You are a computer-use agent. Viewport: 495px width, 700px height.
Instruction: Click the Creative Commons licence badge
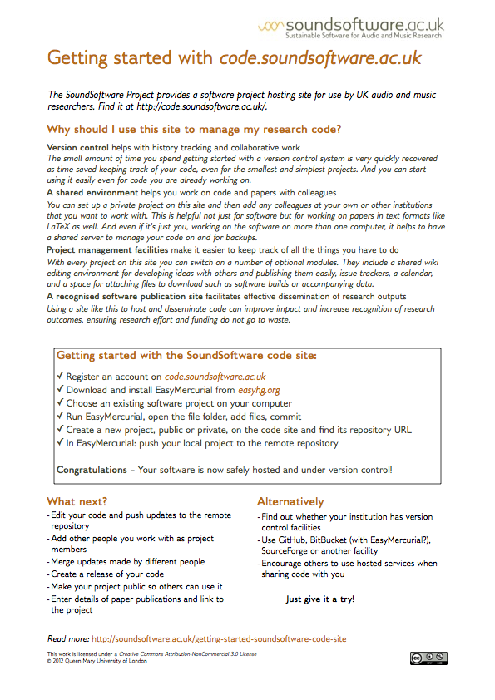click(427, 659)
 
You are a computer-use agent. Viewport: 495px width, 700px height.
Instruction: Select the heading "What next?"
click(77, 501)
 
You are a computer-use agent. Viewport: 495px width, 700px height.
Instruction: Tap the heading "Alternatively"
click(290, 501)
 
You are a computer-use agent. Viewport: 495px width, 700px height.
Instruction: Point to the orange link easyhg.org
click(258, 389)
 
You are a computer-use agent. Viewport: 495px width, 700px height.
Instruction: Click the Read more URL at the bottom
click(219, 639)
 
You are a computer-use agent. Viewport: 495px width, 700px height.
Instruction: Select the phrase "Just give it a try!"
click(319, 599)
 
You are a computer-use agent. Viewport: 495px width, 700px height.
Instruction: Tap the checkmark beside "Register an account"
click(60, 376)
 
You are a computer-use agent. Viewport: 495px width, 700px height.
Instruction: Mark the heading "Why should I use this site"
click(194, 129)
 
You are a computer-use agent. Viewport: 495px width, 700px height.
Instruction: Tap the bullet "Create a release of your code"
click(108, 574)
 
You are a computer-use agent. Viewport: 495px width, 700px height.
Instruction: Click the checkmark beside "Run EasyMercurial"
click(60, 417)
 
